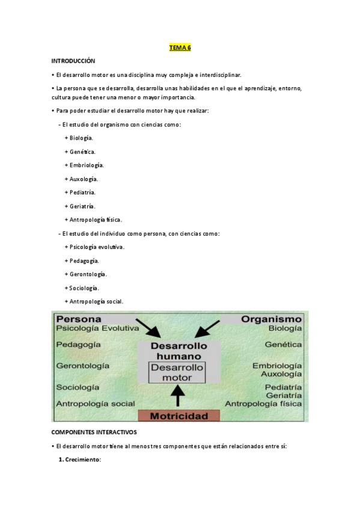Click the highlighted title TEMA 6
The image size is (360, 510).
[x=180, y=48]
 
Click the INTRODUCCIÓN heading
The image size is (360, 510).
[x=73, y=61]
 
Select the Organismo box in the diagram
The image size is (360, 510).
[x=271, y=319]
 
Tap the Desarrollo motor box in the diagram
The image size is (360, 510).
[x=177, y=372]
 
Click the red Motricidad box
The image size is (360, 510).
[x=178, y=416]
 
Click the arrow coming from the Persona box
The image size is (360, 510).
[x=148, y=328]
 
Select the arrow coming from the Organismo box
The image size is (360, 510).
[x=207, y=328]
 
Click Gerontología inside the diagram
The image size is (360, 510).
[x=83, y=365]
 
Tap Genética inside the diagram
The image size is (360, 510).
[x=283, y=345]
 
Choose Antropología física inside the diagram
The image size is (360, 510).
[x=263, y=404]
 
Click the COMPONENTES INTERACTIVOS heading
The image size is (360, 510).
[x=94, y=432]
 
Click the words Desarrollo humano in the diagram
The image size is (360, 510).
[x=178, y=351]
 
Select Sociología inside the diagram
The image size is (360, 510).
[x=78, y=387]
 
